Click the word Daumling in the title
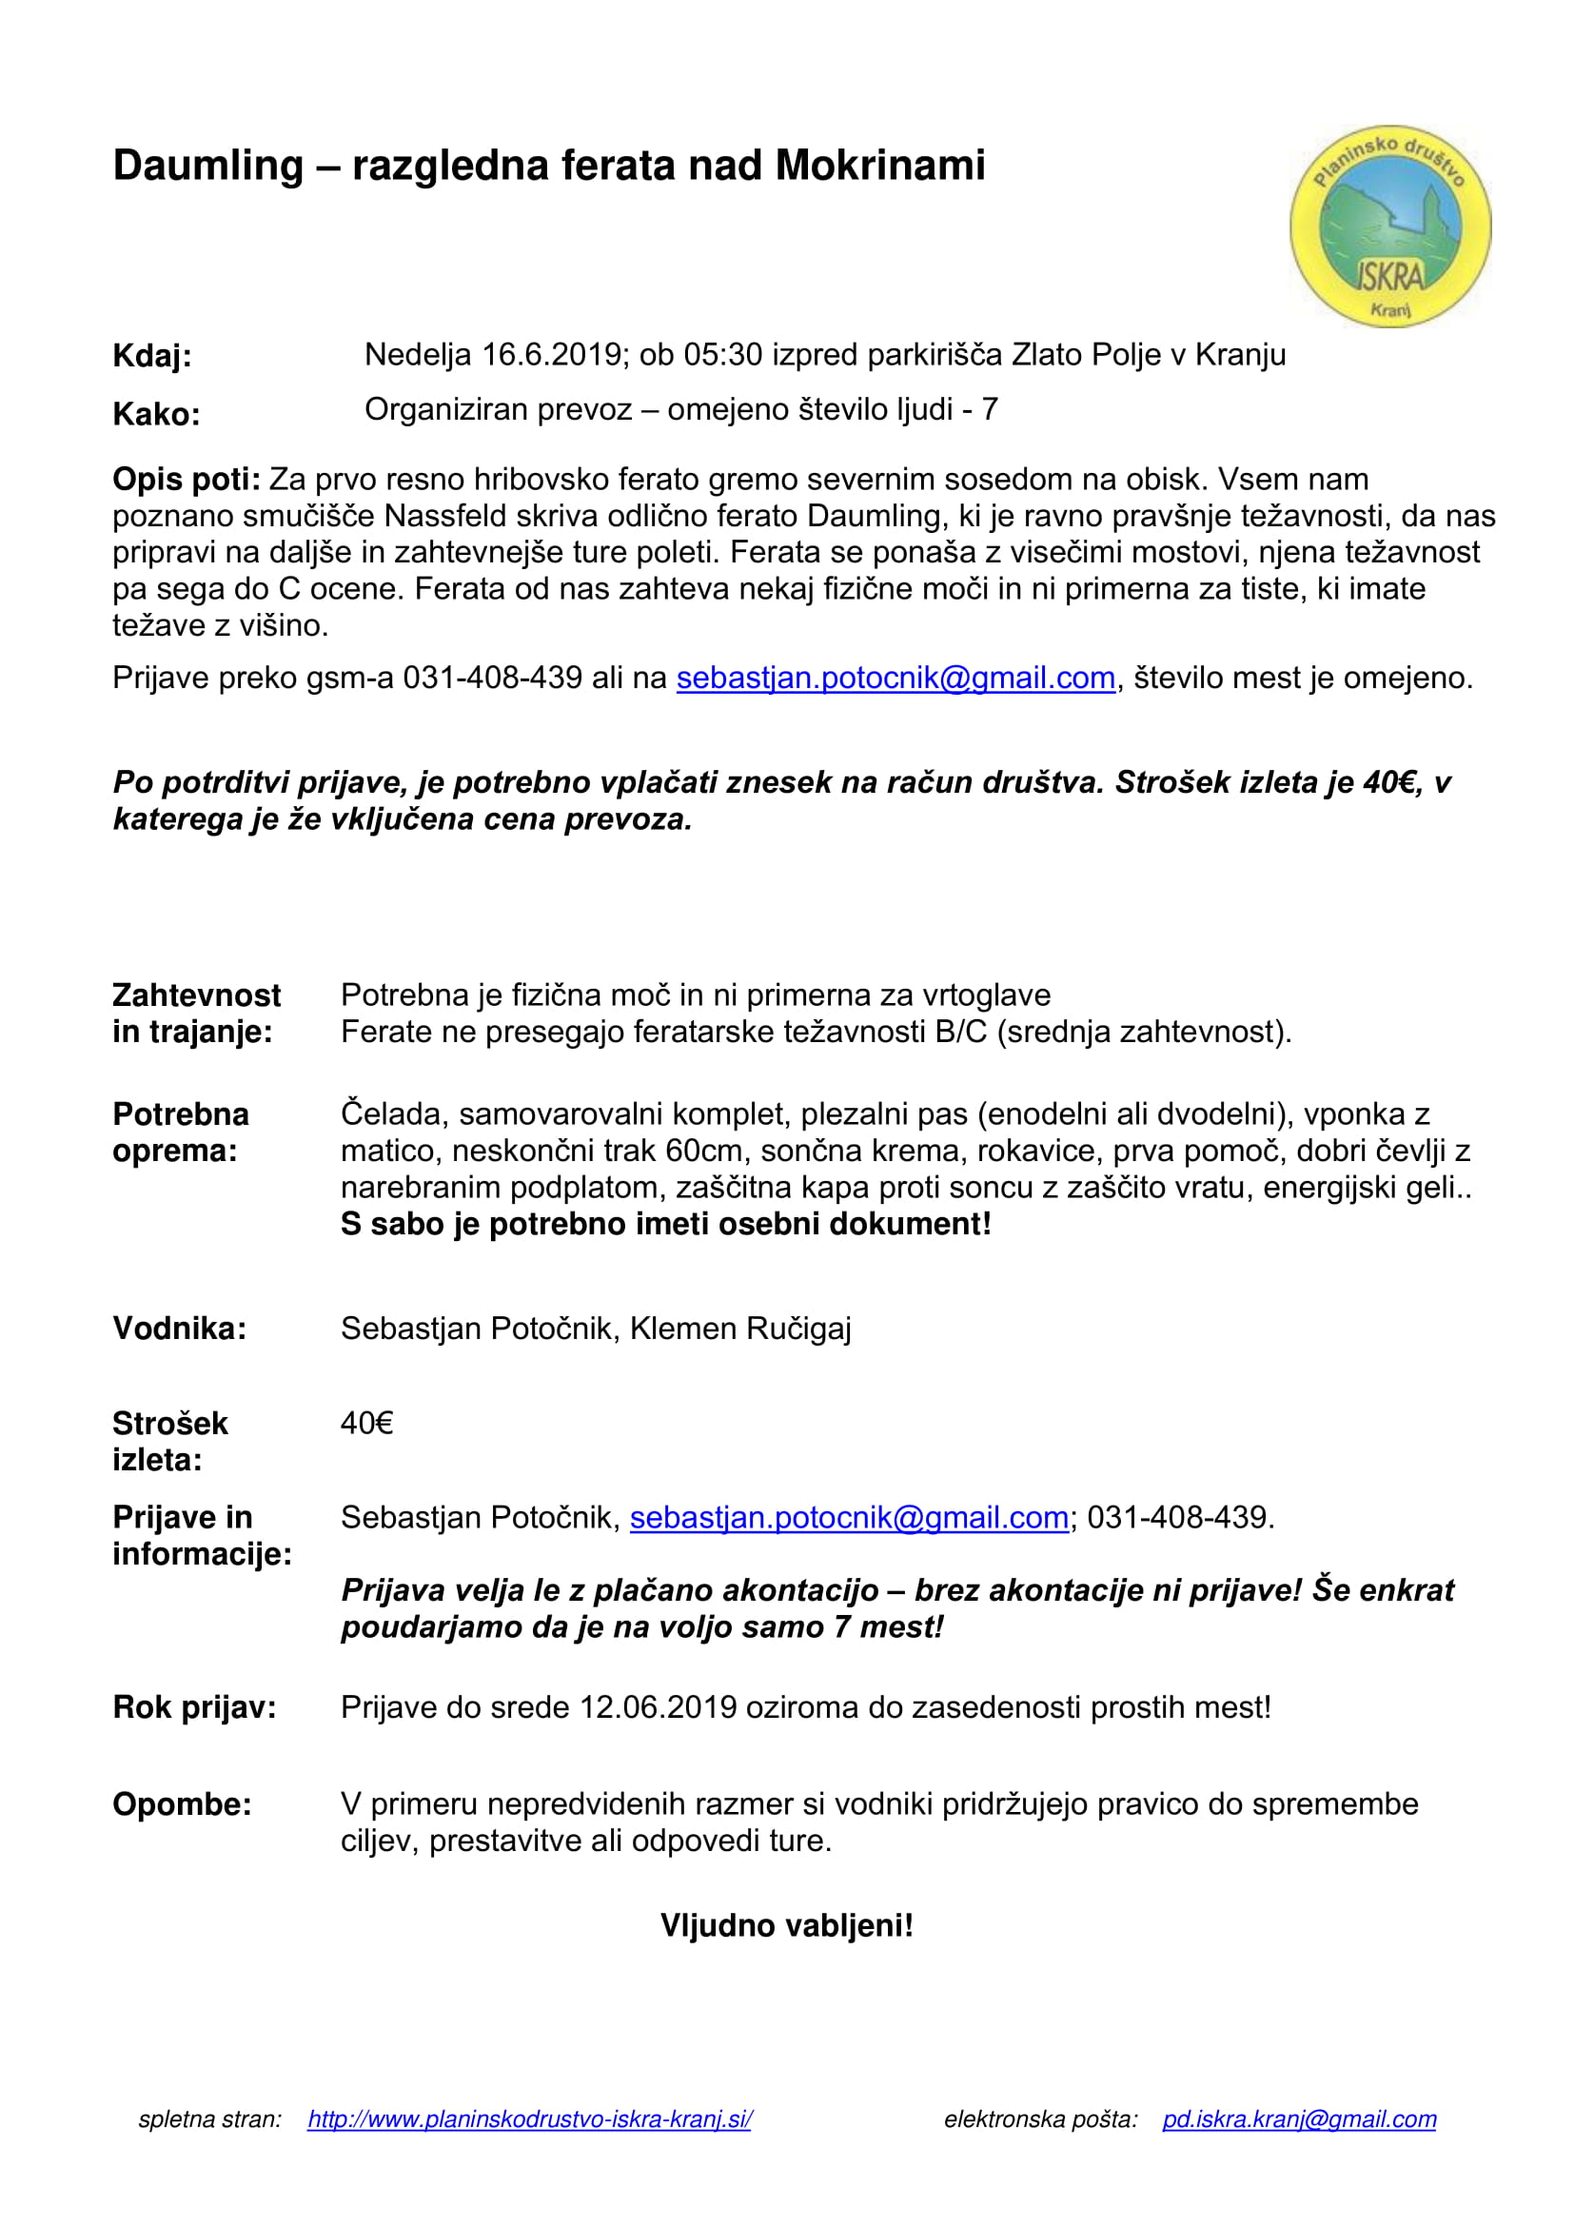(207, 165)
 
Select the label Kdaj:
(152, 356)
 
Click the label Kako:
(156, 414)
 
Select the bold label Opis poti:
(187, 479)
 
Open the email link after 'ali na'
(895, 678)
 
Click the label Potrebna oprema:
(180, 1133)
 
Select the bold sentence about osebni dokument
(666, 1225)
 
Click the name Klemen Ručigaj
(740, 1329)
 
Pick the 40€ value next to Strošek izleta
(366, 1423)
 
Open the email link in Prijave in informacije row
(849, 1517)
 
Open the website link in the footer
(529, 2119)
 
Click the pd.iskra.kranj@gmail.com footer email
(1299, 2119)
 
